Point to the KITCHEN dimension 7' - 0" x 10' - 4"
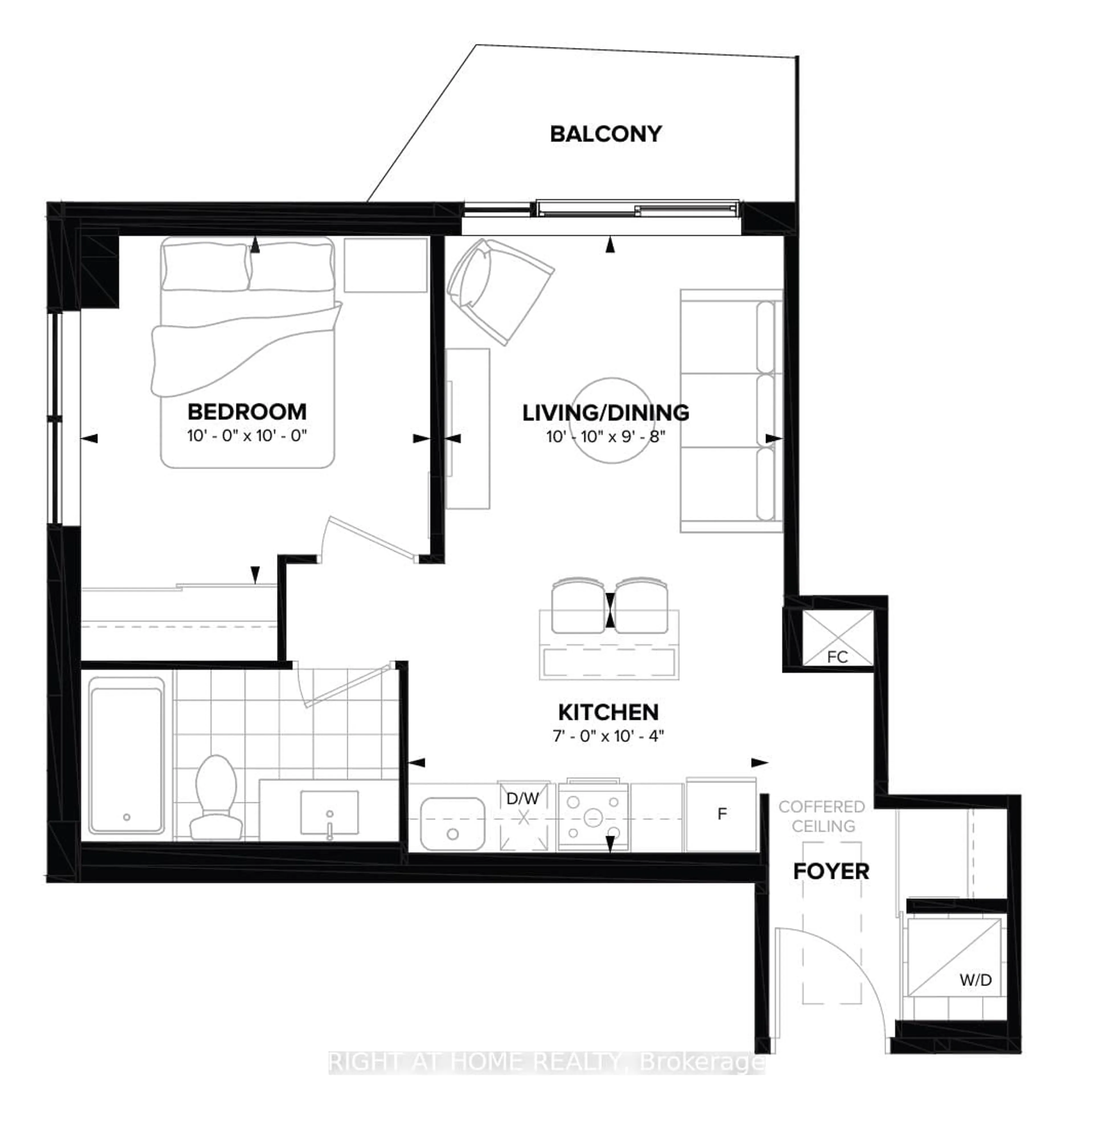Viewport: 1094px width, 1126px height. (x=608, y=736)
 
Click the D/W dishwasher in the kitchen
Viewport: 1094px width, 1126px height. (x=523, y=816)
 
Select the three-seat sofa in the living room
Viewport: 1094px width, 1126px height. (x=730, y=411)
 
